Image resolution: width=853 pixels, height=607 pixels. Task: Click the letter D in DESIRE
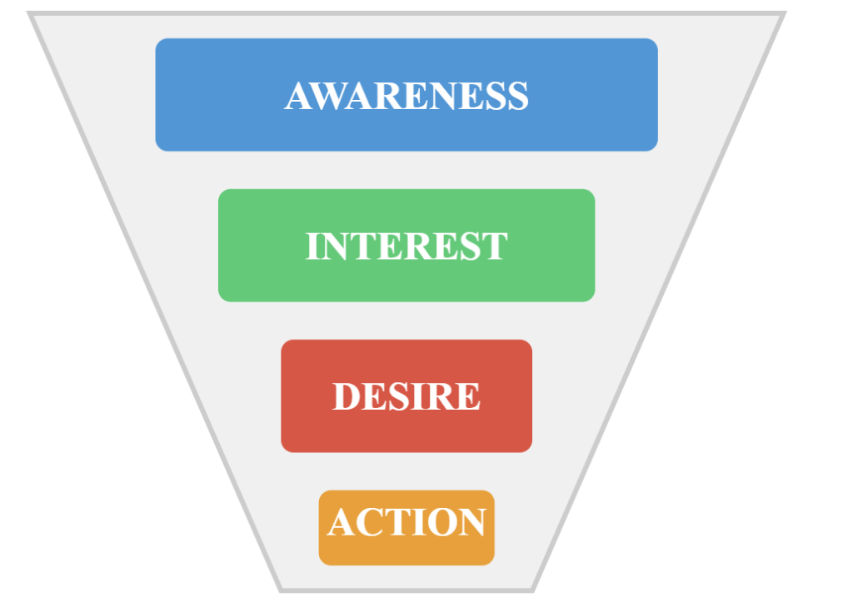(347, 396)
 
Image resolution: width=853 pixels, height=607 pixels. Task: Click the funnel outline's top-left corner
(31, 14)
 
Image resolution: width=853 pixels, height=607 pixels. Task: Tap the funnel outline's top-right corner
(783, 14)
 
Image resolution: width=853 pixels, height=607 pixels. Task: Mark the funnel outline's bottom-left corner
(281, 590)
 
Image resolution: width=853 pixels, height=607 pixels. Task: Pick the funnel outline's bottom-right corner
(533, 590)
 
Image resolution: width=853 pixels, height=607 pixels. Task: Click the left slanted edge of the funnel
(156, 301)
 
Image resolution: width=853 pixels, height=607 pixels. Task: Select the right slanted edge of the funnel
(658, 301)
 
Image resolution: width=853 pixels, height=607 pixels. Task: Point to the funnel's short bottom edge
(407, 590)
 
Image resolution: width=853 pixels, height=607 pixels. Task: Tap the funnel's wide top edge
(407, 13)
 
